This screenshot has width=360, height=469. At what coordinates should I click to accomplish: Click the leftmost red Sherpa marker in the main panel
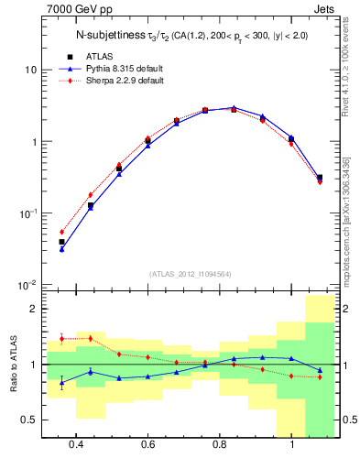pos(61,232)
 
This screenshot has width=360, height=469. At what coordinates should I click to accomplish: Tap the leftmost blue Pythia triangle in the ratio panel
pos(61,382)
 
